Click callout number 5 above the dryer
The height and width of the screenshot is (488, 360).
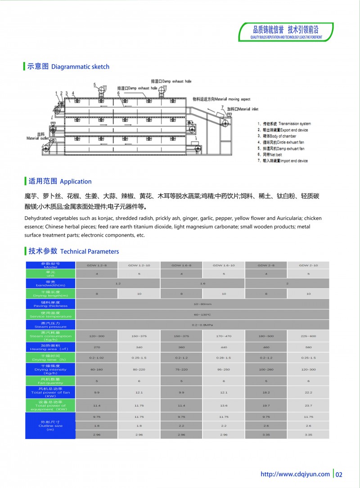pyautogui.click(x=95, y=85)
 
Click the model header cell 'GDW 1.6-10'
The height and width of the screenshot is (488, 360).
pyautogui.click(x=224, y=265)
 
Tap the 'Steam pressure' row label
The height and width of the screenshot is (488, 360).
pyautogui.click(x=50, y=325)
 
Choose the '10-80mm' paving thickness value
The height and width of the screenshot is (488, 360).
pyautogui.click(x=202, y=304)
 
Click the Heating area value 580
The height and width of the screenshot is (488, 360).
pyautogui.click(x=308, y=347)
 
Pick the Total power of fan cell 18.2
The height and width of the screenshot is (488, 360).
pyautogui.click(x=266, y=393)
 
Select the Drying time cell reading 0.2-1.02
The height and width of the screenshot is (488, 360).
pyautogui.click(x=97, y=358)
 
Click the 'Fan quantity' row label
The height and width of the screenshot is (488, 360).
pyautogui.click(x=50, y=381)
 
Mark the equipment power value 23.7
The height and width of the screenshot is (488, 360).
pyautogui.click(x=308, y=406)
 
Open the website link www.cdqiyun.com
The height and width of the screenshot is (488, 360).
pyautogui.click(x=295, y=474)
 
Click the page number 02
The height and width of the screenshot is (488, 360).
pyautogui.click(x=339, y=474)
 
